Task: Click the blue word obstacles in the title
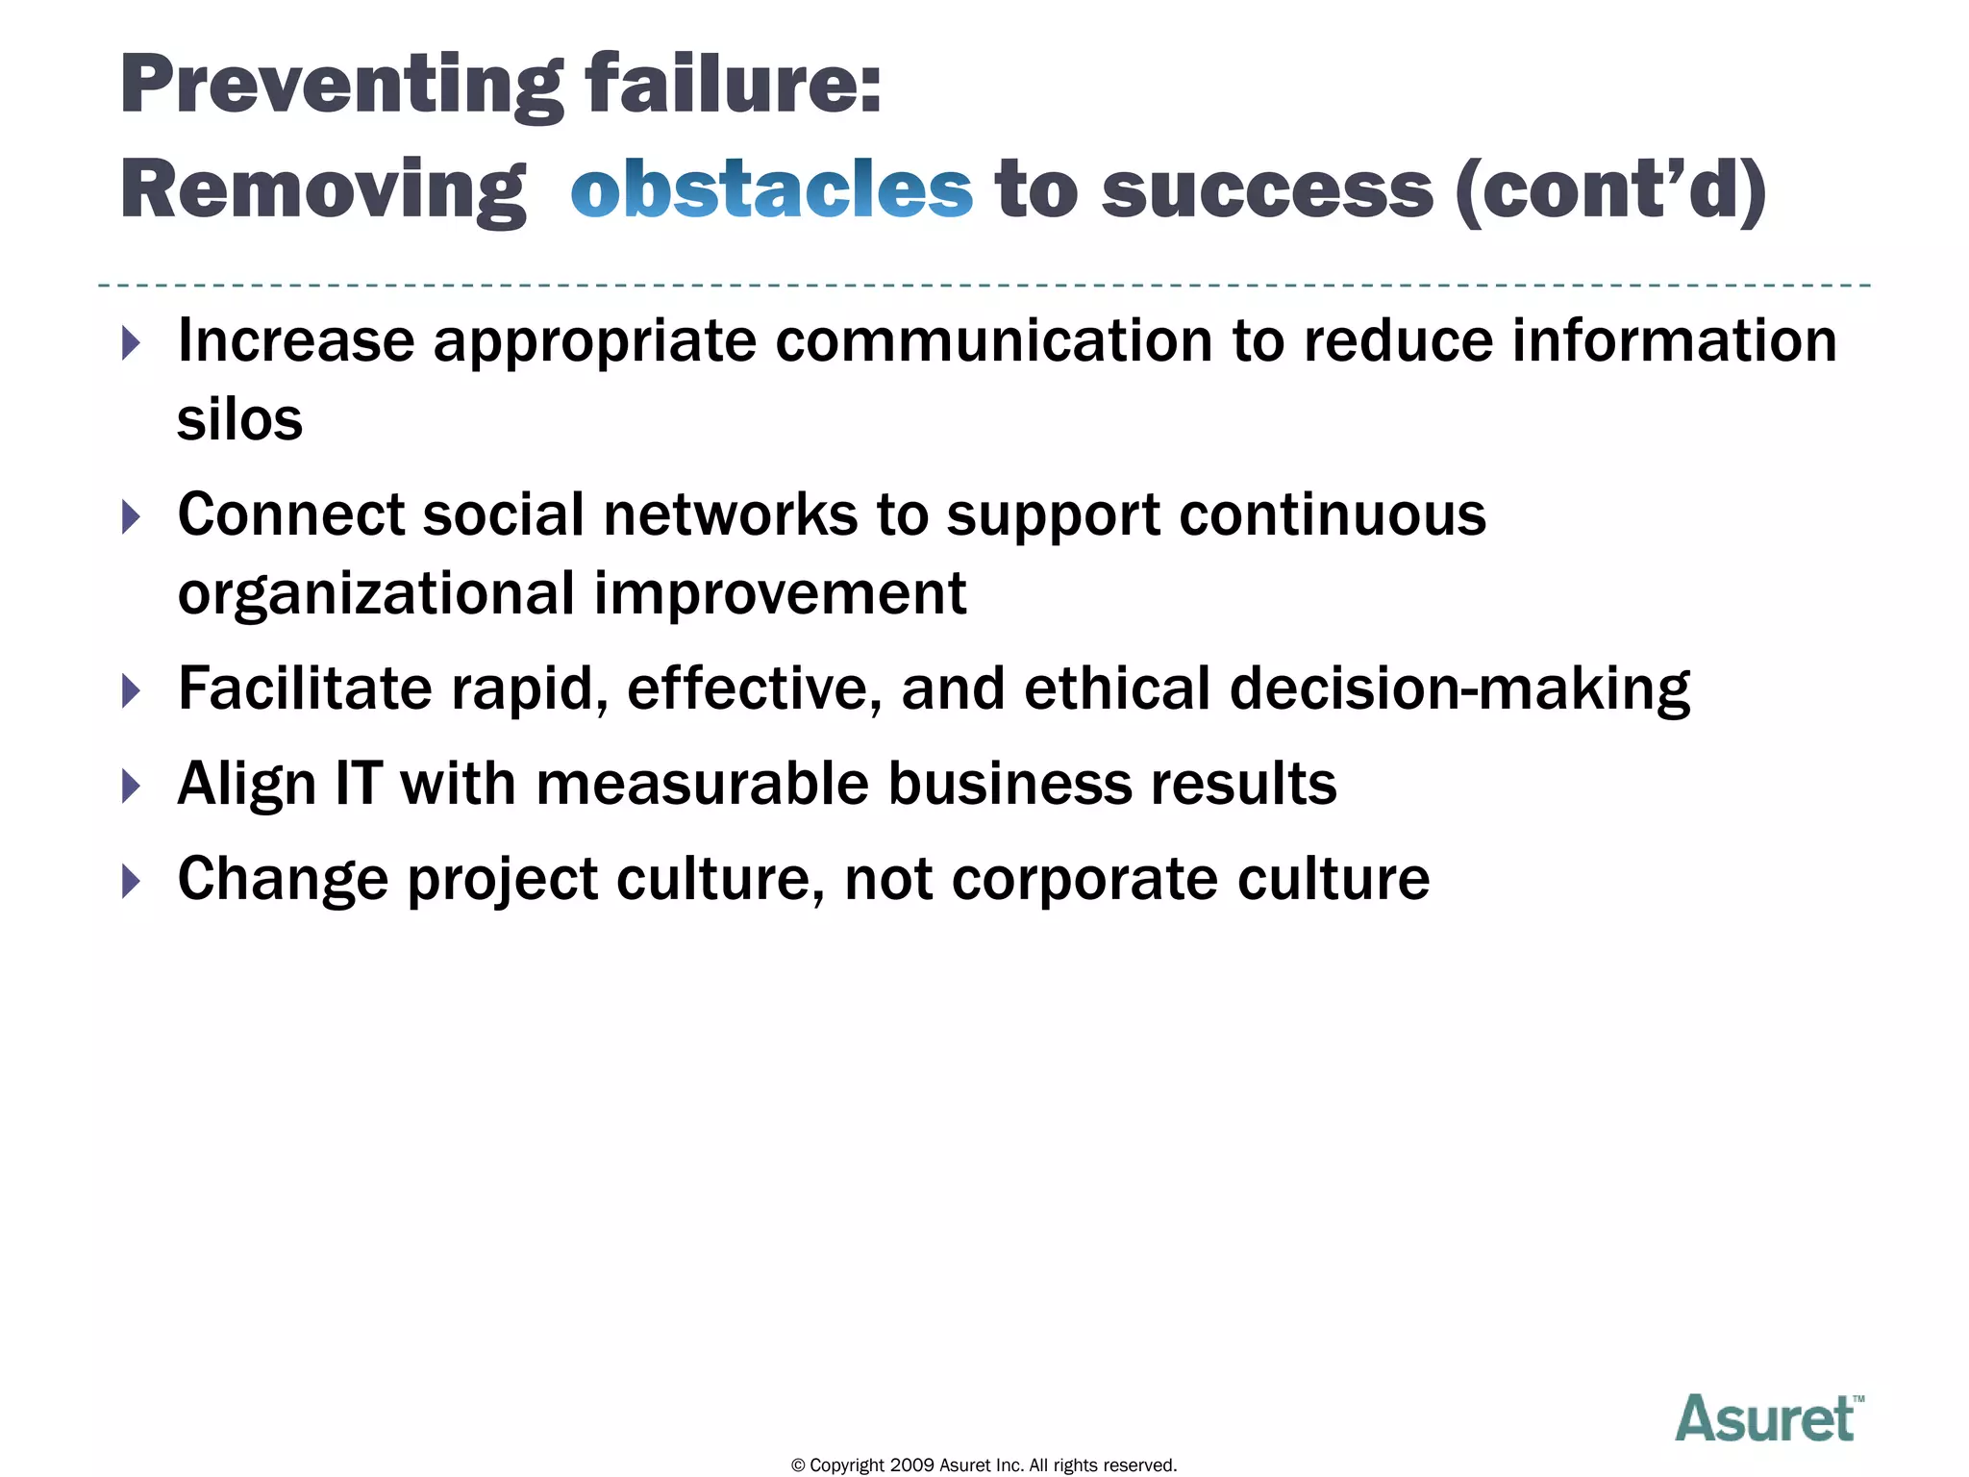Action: pos(771,189)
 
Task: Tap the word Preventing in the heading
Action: pos(342,87)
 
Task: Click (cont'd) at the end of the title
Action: pos(1611,190)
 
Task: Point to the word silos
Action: pos(239,420)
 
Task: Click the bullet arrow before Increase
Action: pos(132,343)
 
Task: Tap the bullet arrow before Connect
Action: pos(132,517)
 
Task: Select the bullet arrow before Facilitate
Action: pos(132,690)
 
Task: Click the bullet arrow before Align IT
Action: pos(132,786)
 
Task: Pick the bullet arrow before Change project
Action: pos(132,881)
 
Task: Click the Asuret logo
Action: pos(1768,1418)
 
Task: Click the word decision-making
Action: pos(1459,690)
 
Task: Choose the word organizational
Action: pos(376,594)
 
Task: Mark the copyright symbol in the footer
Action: pos(797,1465)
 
